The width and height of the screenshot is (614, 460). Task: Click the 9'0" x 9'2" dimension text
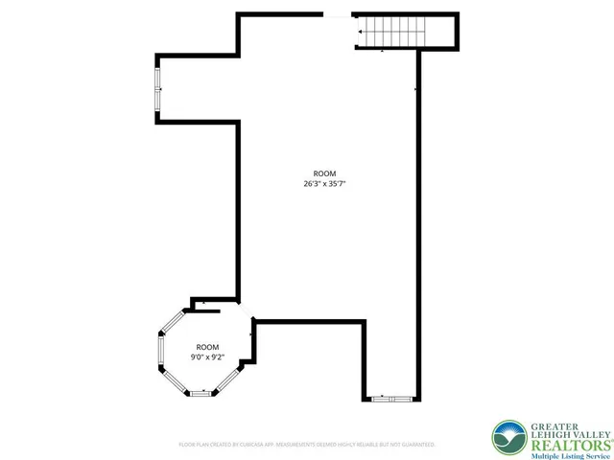pyautogui.click(x=207, y=357)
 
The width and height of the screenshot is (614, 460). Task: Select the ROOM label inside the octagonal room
pyautogui.click(x=207, y=347)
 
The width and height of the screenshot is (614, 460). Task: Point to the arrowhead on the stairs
pyautogui.click(x=361, y=32)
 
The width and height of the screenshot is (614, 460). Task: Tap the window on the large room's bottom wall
pyautogui.click(x=390, y=398)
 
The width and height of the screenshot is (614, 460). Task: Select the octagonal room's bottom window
pyautogui.click(x=201, y=393)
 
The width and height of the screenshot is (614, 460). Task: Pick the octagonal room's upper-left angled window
pyautogui.click(x=172, y=319)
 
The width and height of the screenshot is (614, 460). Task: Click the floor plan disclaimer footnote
pyautogui.click(x=307, y=444)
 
